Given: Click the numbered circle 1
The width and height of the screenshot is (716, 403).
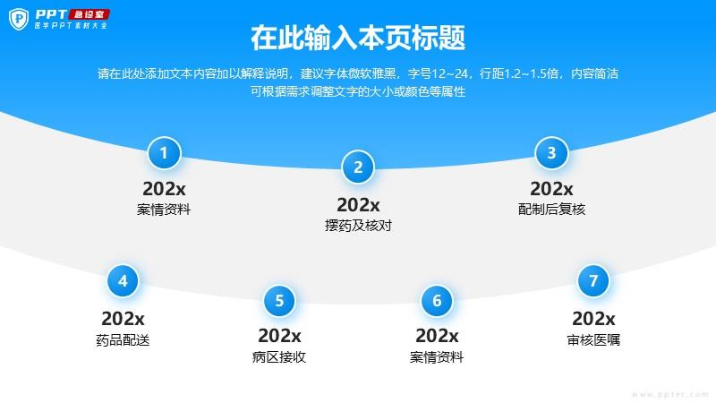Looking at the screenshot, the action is click(164, 153).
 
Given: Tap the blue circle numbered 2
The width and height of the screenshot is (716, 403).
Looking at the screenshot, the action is click(358, 167).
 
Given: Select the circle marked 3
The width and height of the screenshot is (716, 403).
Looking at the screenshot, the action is click(551, 153).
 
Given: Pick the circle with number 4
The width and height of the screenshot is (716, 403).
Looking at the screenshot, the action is click(123, 281).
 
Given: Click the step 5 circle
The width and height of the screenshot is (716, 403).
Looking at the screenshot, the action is click(279, 301).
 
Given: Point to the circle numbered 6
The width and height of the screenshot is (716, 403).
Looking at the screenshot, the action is click(437, 301).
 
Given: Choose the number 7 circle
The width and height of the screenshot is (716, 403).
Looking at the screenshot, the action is click(593, 281).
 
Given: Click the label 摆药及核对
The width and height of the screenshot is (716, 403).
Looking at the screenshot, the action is click(359, 226).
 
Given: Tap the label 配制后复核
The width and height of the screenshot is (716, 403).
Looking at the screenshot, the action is click(551, 210).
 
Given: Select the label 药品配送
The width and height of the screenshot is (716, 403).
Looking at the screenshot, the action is click(123, 340).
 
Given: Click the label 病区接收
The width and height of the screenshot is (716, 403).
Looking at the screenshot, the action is click(279, 356).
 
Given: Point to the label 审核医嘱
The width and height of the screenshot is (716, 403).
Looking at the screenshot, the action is click(593, 340).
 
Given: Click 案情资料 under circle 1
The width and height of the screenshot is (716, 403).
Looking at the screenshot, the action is click(164, 210).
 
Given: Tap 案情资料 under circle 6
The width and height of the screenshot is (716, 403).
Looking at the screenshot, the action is click(437, 356).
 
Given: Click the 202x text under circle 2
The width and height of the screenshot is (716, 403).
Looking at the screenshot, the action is click(359, 205).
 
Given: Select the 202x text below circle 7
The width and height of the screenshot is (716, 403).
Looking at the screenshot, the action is click(593, 319).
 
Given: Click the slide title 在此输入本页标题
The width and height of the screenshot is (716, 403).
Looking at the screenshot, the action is click(358, 38).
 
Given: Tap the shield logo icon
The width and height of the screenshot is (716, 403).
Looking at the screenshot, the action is click(19, 19).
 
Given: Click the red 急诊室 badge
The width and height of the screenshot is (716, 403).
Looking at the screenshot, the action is click(89, 14).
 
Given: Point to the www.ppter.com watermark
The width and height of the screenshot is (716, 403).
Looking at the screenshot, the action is click(670, 394).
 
